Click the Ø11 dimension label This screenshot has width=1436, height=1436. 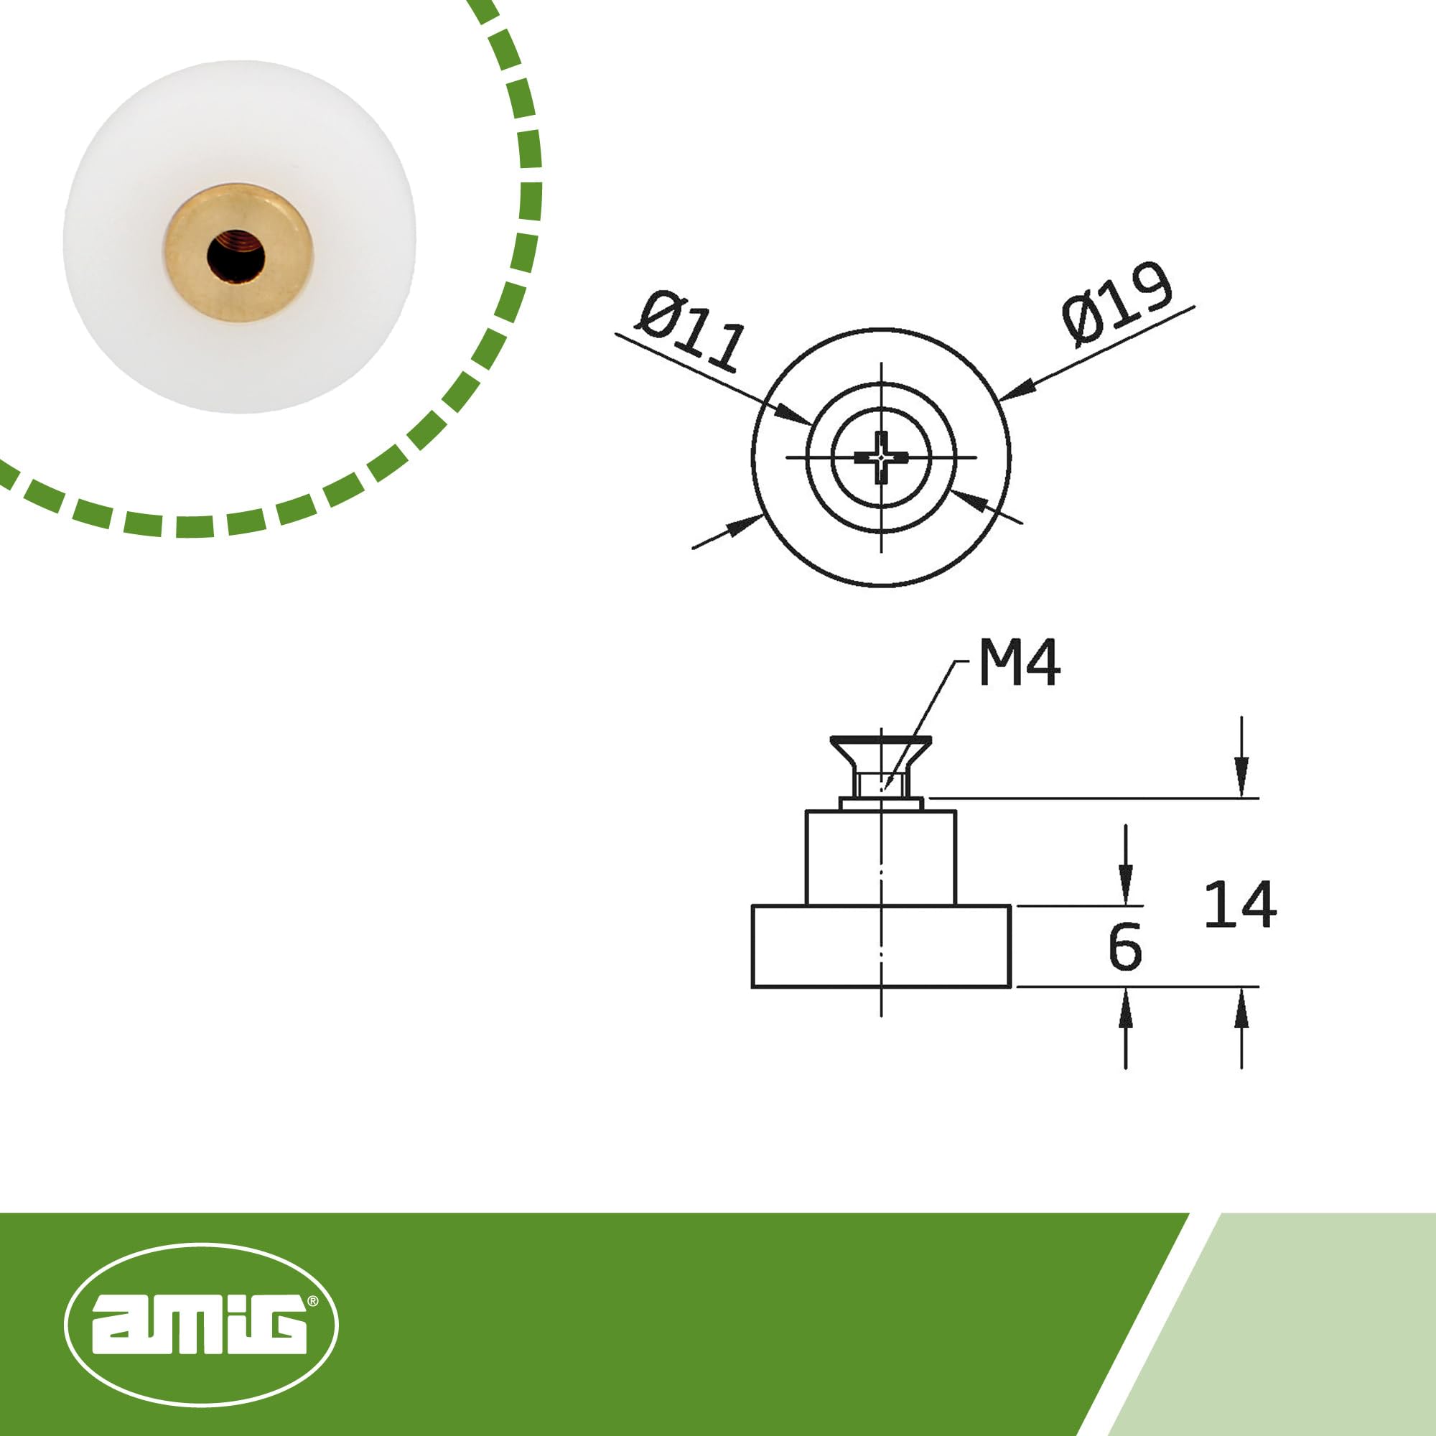coord(690,332)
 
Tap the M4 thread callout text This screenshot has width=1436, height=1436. coord(1019,663)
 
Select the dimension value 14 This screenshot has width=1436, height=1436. coord(1240,904)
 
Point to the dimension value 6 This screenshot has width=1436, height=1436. coord(1124,947)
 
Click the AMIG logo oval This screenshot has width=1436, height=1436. coord(202,1325)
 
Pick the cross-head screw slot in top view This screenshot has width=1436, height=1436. coord(881,457)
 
